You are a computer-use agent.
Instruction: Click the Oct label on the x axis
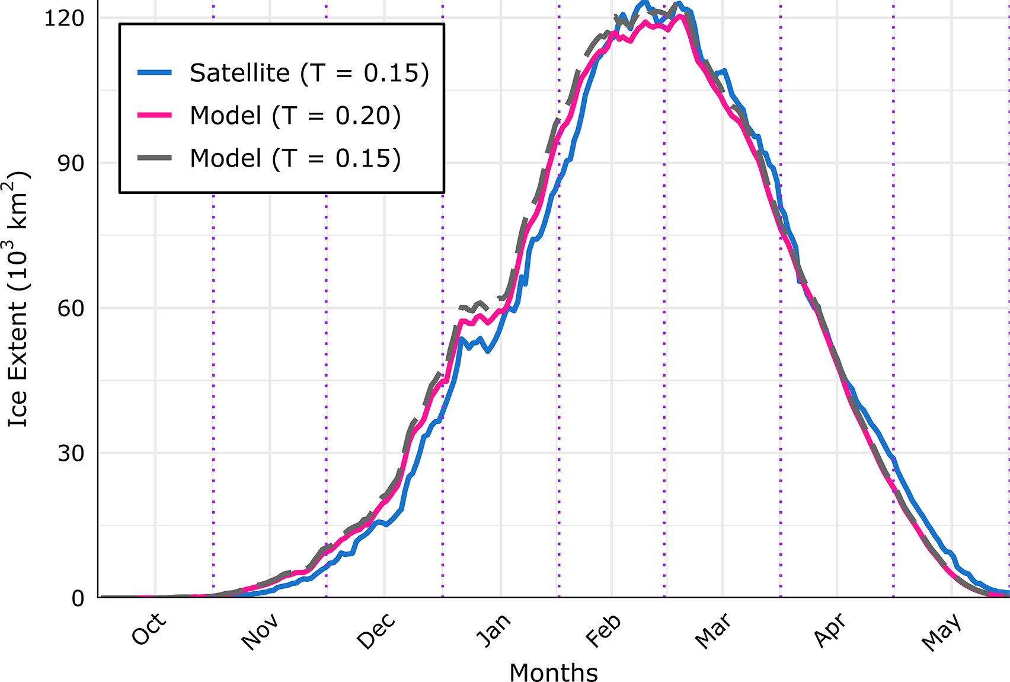(148, 629)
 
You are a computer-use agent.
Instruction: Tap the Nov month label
(260, 632)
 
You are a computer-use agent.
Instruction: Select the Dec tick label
(376, 632)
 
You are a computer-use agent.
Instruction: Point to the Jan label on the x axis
(493, 630)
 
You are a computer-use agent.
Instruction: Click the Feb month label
(603, 631)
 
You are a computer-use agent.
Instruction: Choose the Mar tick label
(712, 631)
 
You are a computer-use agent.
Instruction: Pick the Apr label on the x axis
(829, 630)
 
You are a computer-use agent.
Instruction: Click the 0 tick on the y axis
(78, 598)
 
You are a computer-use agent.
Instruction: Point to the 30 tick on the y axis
(71, 454)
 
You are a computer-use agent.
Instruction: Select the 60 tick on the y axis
(71, 308)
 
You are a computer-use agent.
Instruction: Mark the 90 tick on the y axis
(71, 164)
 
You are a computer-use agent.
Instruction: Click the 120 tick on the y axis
(64, 18)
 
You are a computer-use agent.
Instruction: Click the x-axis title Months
(554, 673)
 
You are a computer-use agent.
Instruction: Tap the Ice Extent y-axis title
(18, 299)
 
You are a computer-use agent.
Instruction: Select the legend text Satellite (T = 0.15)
(309, 73)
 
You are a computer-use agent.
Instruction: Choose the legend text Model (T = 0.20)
(295, 116)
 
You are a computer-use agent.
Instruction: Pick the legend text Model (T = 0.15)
(295, 158)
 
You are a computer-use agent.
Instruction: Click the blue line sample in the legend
(155, 73)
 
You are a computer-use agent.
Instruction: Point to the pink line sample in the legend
(155, 116)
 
